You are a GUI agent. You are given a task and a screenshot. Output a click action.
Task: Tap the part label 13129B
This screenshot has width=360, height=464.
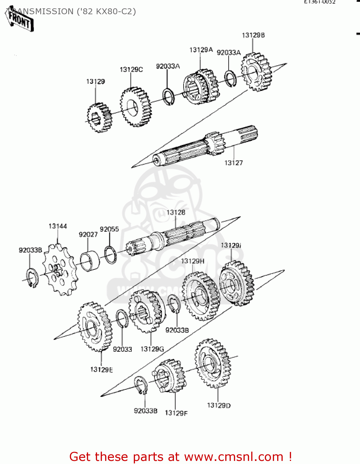pyautogui.click(x=253, y=35)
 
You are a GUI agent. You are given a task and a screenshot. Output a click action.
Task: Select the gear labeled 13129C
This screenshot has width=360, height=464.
pyautogui.click(x=136, y=107)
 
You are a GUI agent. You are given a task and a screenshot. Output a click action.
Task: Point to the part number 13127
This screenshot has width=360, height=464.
pyautogui.click(x=233, y=163)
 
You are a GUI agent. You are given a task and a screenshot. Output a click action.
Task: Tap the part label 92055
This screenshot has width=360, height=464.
pyautogui.click(x=109, y=229)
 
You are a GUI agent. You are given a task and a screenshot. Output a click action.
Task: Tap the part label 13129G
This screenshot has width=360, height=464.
pyautogui.click(x=152, y=349)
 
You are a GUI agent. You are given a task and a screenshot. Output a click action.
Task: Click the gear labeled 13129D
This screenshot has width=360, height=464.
pyautogui.click(x=213, y=363)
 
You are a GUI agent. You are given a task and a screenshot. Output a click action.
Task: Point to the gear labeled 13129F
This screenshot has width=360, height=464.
pyautogui.click(x=170, y=376)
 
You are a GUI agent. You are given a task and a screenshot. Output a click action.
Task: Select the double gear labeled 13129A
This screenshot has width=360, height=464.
pyautogui.click(x=201, y=86)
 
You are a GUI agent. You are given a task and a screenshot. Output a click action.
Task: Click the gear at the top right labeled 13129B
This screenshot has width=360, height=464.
pyautogui.click(x=256, y=72)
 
